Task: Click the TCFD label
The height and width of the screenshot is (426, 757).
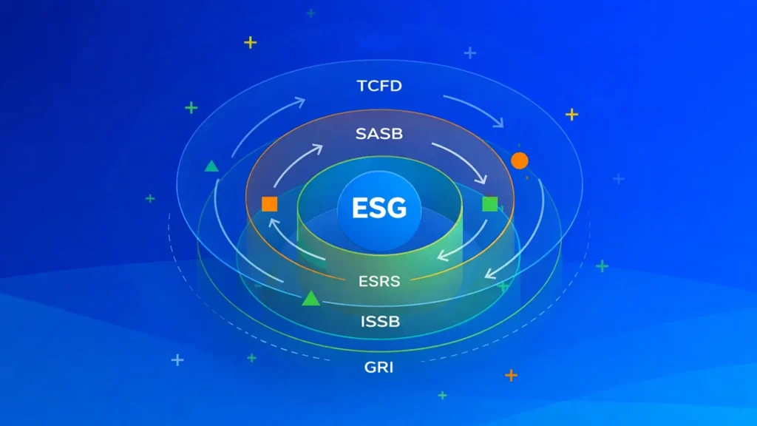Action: (x=379, y=86)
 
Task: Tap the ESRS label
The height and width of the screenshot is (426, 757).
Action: (x=379, y=281)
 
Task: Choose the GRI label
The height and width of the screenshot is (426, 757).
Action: (x=379, y=366)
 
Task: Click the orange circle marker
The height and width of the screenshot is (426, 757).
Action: (x=520, y=160)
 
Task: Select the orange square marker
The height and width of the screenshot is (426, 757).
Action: (x=269, y=204)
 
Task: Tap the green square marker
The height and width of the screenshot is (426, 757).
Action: (x=489, y=204)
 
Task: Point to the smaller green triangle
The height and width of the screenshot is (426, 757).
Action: (x=211, y=166)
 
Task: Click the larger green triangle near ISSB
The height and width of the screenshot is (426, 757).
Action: (x=310, y=298)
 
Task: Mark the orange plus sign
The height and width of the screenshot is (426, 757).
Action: (x=511, y=375)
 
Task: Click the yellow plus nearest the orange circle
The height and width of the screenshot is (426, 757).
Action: (x=571, y=114)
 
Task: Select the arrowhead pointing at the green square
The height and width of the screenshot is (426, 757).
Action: (x=483, y=180)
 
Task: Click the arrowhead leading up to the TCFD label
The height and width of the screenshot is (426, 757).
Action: (x=300, y=101)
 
